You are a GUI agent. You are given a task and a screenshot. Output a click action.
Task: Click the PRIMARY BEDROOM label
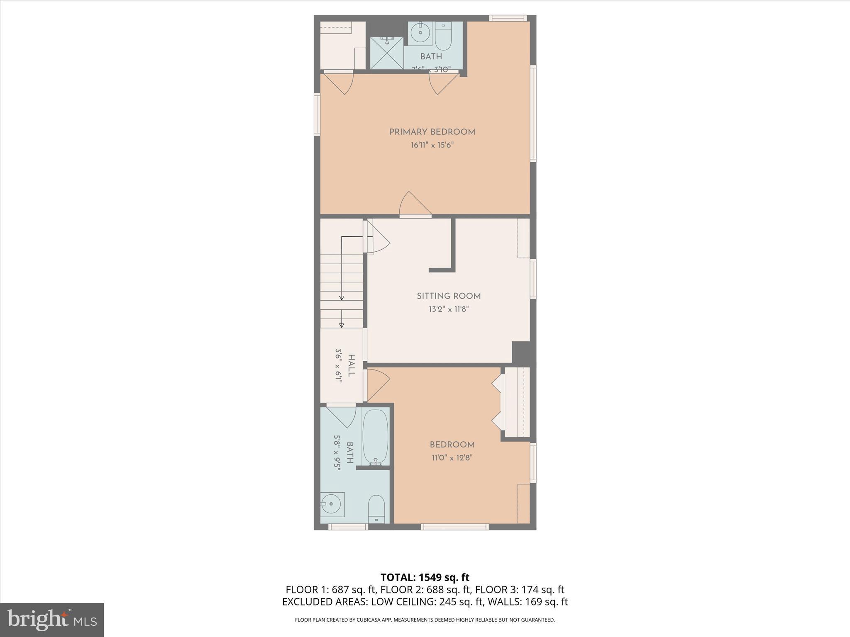432,132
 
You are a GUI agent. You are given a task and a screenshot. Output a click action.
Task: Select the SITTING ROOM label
449,296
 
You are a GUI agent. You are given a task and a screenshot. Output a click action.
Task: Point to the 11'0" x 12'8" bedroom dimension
452,458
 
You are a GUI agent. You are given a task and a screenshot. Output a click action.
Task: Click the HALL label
351,365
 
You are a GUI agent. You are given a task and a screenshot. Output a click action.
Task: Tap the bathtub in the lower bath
375,437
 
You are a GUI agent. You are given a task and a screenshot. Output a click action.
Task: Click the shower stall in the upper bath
387,53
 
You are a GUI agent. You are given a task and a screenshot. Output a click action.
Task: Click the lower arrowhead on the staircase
342,325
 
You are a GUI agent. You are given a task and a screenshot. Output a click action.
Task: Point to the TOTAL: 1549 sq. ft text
425,577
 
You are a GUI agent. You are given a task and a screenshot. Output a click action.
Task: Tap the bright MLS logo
51,620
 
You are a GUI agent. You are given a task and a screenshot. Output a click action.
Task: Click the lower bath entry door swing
342,417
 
